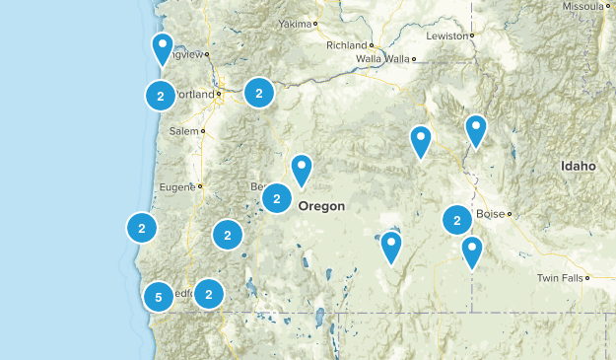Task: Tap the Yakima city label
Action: pos(294,23)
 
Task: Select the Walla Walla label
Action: pos(382,59)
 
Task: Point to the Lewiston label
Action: pos(448,36)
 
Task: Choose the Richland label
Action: pos(347,45)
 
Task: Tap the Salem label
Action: pos(183,130)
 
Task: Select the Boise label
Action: pos(490,214)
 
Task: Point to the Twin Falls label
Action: pos(559,279)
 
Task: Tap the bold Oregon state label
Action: pos(321,206)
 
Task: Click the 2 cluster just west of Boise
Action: pos(456,219)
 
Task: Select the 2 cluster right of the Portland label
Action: pos(258,93)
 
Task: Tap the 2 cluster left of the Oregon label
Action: pos(276,198)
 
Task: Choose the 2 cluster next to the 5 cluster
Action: pos(208,293)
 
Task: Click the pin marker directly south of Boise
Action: pos(472,251)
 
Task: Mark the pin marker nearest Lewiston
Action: pos(476,129)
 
